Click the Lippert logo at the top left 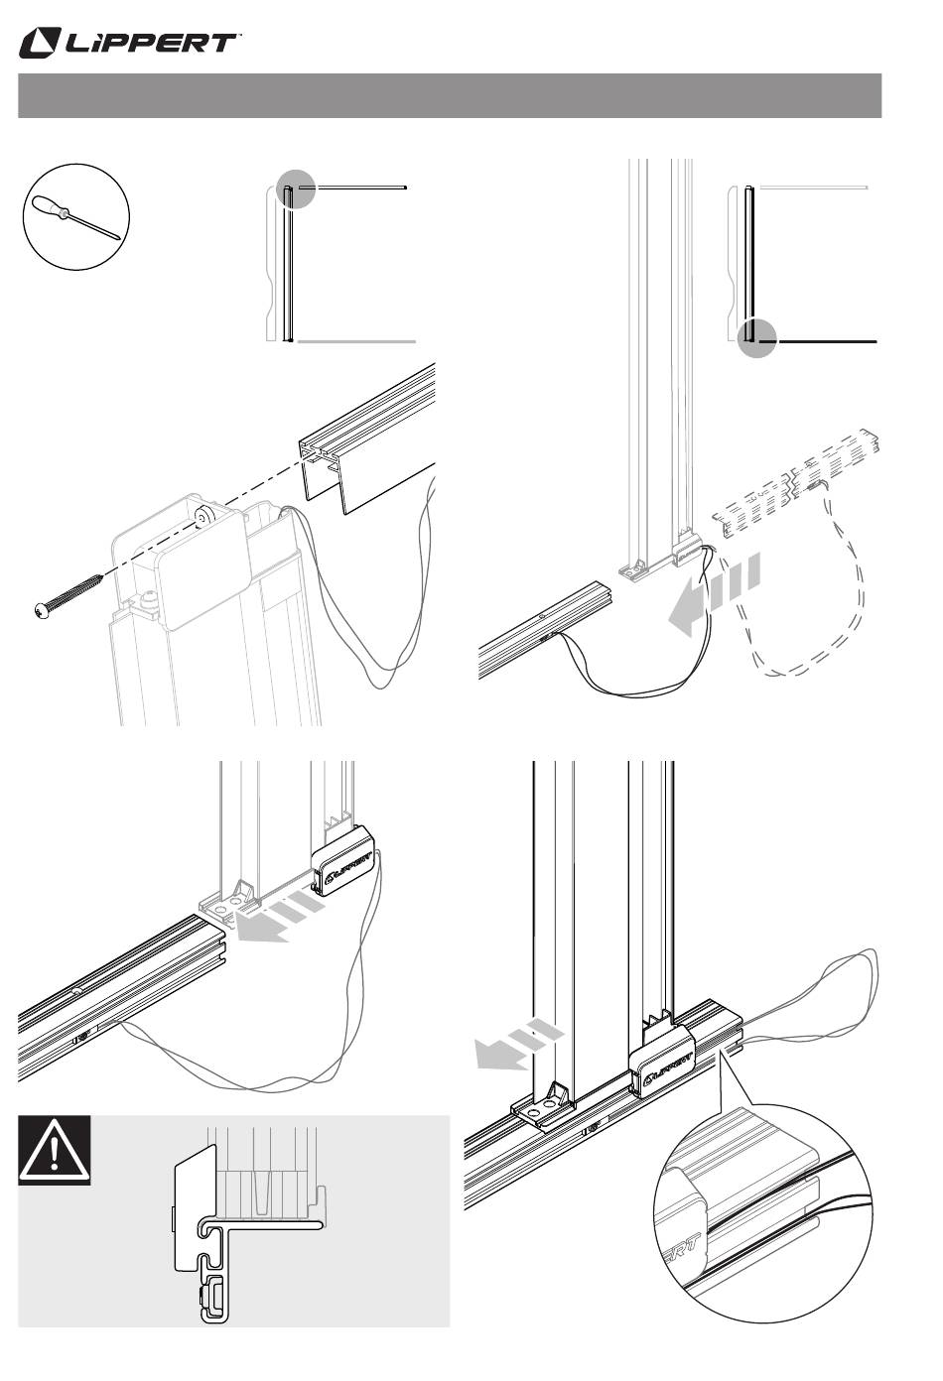click(x=128, y=44)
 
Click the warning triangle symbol click(x=55, y=1151)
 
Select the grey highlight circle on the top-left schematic click(x=296, y=188)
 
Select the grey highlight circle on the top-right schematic click(x=756, y=338)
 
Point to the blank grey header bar click(x=450, y=95)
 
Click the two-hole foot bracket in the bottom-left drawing click(x=229, y=904)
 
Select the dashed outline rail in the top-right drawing click(x=796, y=484)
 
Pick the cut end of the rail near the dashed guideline click(x=321, y=468)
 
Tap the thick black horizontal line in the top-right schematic click(x=818, y=341)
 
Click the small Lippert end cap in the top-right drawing click(x=687, y=548)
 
